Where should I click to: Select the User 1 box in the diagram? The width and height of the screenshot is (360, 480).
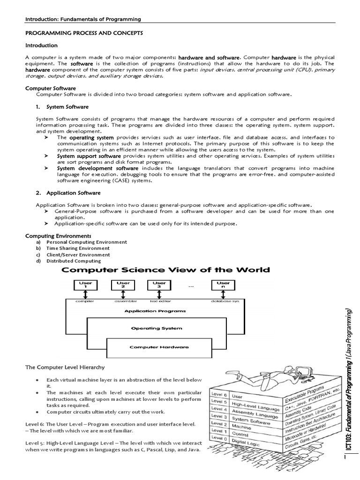(x=86, y=285)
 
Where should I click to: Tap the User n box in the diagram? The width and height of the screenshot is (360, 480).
(x=223, y=285)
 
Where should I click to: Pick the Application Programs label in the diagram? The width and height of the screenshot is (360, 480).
(x=155, y=310)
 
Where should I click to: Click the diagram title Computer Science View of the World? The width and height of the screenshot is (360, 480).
(x=166, y=270)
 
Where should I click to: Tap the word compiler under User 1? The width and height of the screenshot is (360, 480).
(x=86, y=301)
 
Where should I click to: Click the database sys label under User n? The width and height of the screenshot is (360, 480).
(x=225, y=301)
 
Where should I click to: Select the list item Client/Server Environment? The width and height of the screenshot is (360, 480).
(x=78, y=255)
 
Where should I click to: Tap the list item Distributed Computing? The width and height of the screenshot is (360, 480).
(x=73, y=261)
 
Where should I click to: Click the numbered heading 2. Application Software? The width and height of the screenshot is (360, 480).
(x=68, y=193)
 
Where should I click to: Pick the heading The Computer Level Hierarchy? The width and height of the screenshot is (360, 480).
(x=65, y=367)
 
